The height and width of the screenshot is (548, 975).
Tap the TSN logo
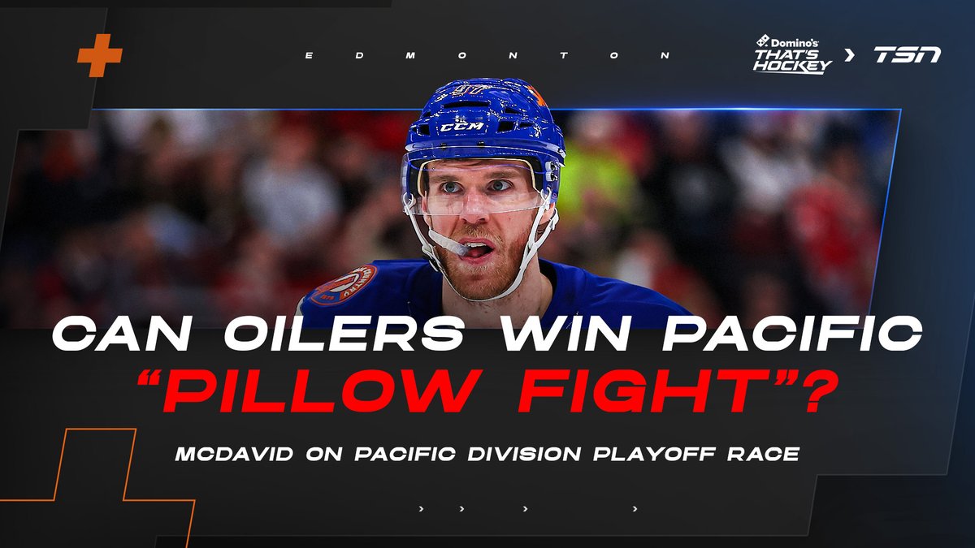coord(907,55)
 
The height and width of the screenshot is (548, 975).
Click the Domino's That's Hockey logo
coord(792,55)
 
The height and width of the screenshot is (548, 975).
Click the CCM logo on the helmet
coord(462,127)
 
